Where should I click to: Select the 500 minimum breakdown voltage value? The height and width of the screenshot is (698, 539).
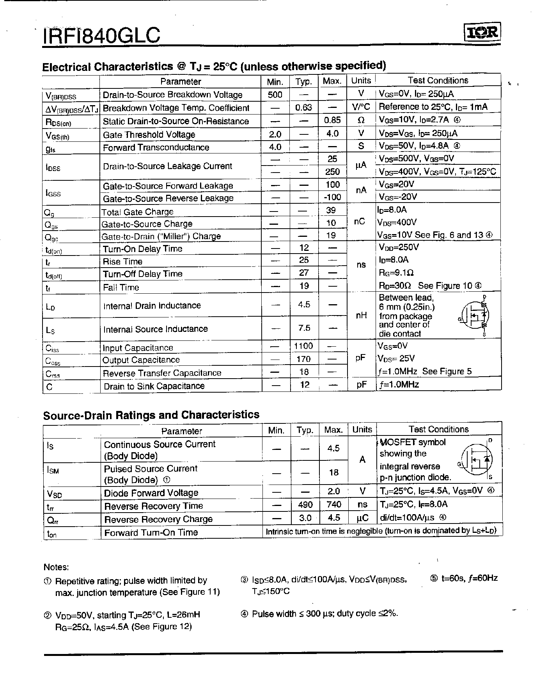coord(275,95)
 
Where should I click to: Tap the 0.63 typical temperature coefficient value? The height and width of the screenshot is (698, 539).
coord(303,108)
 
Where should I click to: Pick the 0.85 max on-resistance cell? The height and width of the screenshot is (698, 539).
coord(332,120)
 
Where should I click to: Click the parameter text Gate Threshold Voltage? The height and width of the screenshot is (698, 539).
coord(149,135)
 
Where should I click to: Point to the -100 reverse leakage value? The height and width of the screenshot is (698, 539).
coord(332,197)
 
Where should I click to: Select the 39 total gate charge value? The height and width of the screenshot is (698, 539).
coord(331,210)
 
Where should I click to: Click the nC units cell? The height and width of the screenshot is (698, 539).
coord(360,222)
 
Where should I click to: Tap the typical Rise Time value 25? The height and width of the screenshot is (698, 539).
coord(304,260)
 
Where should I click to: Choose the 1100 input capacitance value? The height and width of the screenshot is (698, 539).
coord(303,346)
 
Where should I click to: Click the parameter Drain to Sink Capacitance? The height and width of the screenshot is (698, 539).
coord(154,386)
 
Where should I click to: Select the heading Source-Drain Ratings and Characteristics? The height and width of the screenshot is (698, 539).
coord(151,415)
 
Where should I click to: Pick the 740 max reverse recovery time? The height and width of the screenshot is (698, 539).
coord(333,505)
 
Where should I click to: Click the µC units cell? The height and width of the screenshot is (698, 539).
coord(362,518)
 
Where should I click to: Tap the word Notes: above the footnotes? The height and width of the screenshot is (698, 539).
coord(56,567)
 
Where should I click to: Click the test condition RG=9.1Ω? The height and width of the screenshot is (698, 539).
coord(396,273)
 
